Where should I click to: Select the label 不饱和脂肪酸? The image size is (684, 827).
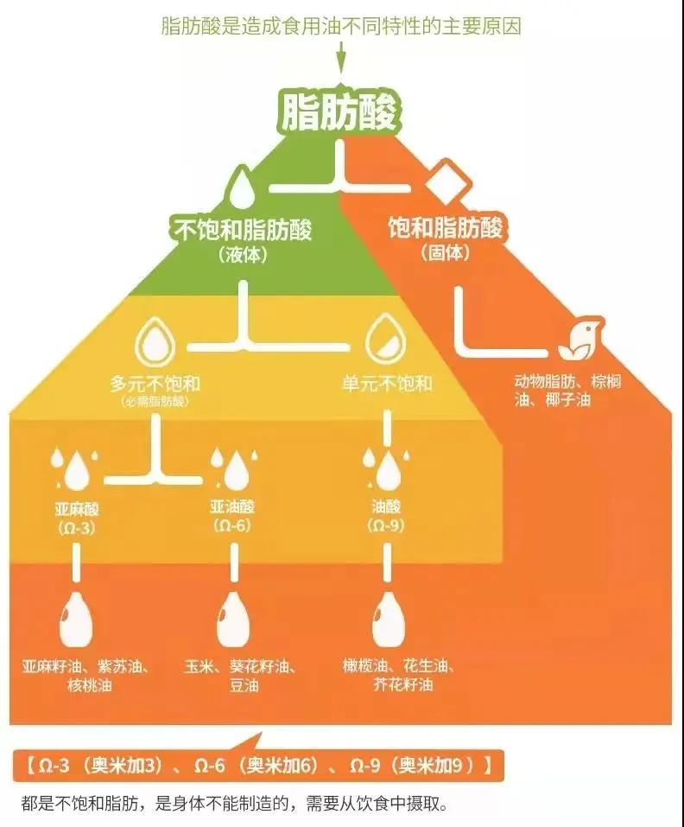[244, 230]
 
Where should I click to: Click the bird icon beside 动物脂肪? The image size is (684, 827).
[579, 340]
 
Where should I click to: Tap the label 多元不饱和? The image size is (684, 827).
[155, 383]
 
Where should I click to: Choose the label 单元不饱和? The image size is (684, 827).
[386, 383]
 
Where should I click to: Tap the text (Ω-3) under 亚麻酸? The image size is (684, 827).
[75, 526]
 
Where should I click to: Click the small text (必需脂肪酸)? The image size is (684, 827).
[155, 403]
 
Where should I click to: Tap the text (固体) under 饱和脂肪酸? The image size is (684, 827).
[446, 254]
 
